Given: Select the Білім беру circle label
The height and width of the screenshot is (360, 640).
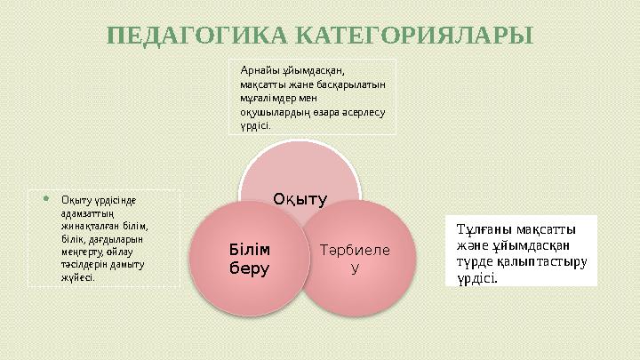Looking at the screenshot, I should tap(250, 257).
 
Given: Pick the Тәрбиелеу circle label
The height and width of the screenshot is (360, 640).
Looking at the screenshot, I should tap(355, 259).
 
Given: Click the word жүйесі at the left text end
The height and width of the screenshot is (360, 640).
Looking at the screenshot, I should tap(77, 277).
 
